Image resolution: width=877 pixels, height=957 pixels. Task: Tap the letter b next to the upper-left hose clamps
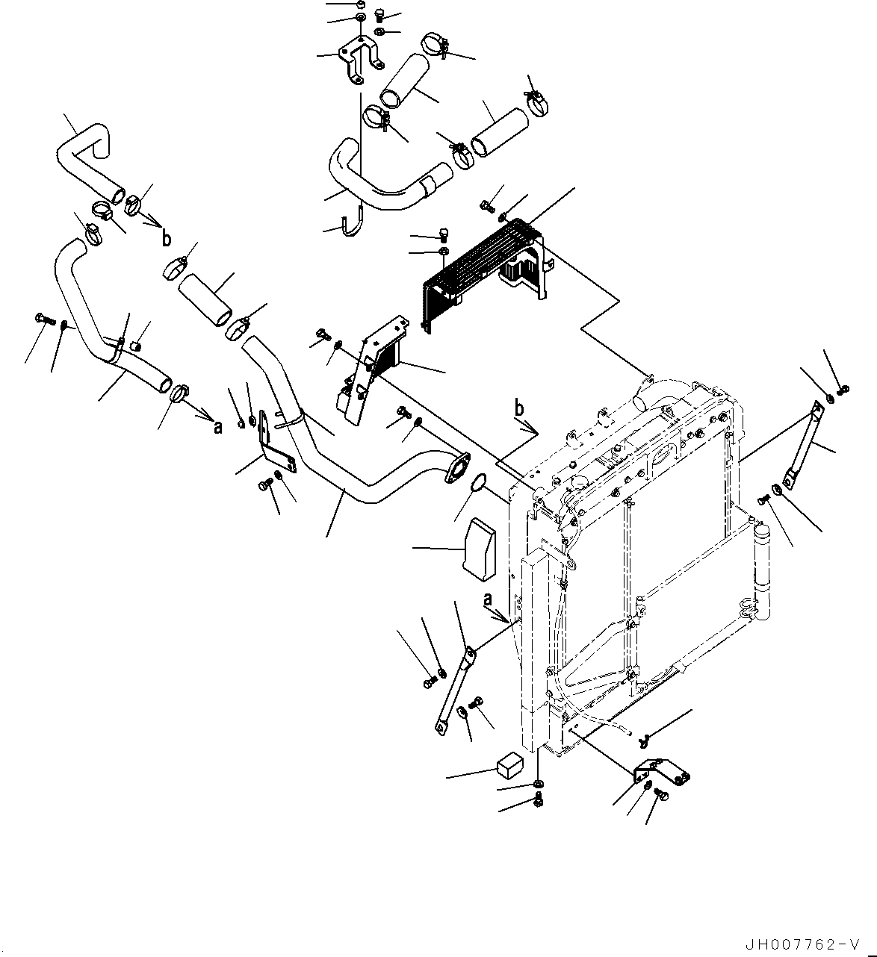pos(166,239)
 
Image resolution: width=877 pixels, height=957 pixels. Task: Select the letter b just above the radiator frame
pos(519,408)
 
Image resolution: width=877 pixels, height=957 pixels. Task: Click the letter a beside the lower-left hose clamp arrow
pos(217,427)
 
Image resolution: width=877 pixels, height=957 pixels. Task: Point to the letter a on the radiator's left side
pos(489,599)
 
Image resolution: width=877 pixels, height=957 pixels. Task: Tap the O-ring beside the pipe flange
pos(476,484)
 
